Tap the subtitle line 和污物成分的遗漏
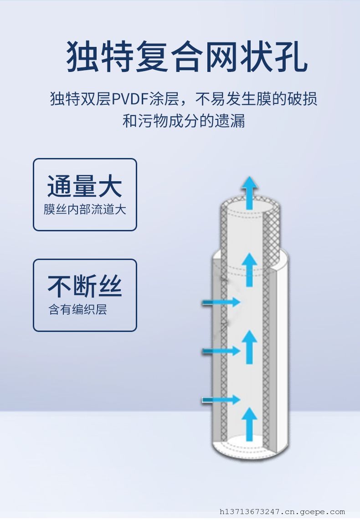(184, 121)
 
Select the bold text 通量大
(85, 187)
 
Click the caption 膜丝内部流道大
(85, 209)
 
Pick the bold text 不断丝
(85, 287)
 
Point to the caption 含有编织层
(78, 310)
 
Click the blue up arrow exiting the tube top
(249, 192)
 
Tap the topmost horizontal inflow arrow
(221, 302)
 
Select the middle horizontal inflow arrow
(221, 351)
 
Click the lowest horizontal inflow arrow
(221, 400)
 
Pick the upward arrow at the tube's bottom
(249, 424)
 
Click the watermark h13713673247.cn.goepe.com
(282, 512)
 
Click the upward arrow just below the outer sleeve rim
(249, 270)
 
